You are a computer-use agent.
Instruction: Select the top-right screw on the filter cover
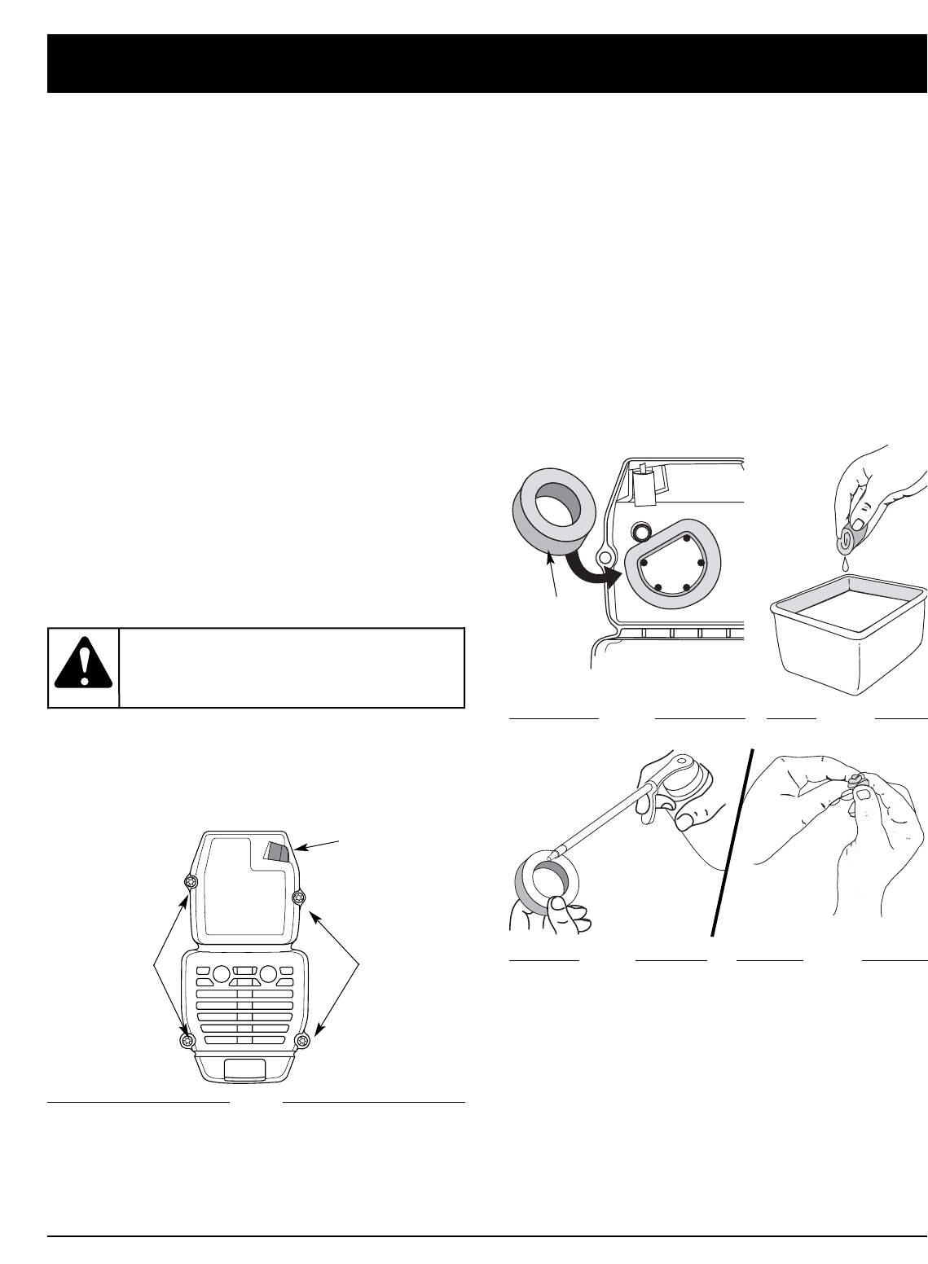pos(299,897)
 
